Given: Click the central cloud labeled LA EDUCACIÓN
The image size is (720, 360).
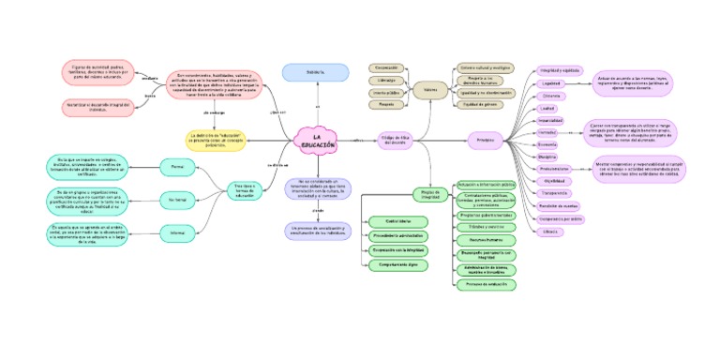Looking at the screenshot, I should click(316, 141).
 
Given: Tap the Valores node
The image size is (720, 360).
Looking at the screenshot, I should click(430, 90).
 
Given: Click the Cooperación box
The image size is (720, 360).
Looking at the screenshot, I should click(385, 67).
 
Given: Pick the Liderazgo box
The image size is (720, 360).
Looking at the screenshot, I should click(385, 81).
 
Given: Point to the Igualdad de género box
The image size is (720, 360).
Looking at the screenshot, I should click(485, 104).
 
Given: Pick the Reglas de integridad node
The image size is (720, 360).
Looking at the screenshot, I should click(429, 194).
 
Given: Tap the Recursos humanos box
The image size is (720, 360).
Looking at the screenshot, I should click(484, 240).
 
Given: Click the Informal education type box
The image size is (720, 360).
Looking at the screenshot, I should click(177, 232).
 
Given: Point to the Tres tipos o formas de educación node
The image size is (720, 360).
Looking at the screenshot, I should click(244, 190).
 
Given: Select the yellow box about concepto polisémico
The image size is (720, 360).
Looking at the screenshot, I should click(216, 141).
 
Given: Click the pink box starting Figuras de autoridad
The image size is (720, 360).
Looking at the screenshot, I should click(97, 71).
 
